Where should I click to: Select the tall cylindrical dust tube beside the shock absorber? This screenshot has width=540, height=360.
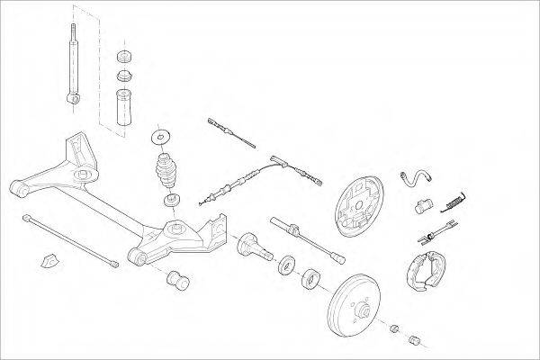tap(122, 107)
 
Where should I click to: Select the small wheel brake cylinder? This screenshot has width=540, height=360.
tap(421, 208)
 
